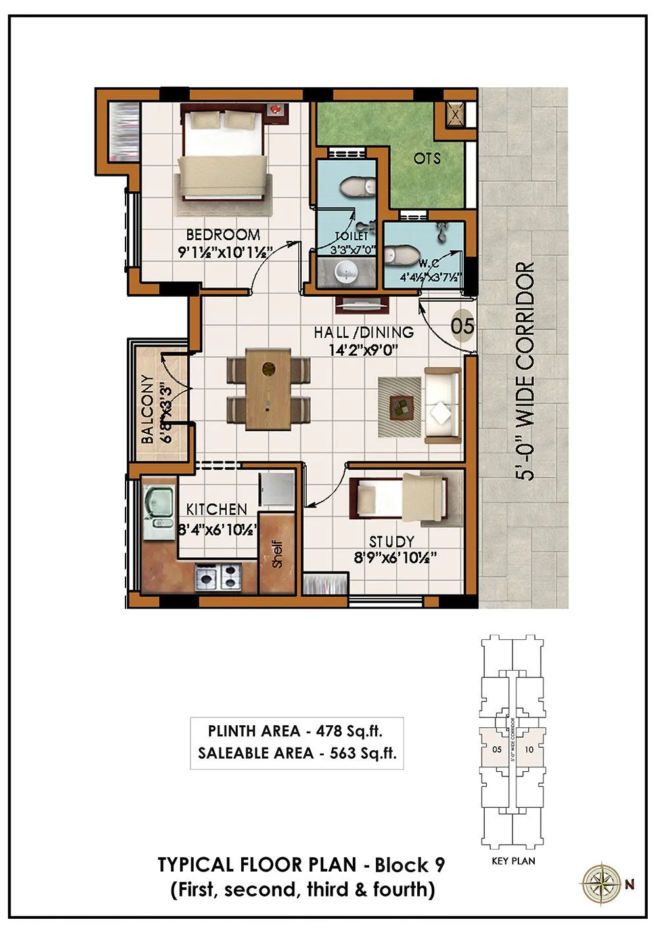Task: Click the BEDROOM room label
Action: [223, 234]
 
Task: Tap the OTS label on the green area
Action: [427, 158]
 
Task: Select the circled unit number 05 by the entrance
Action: [463, 326]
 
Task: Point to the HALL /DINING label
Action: [363, 333]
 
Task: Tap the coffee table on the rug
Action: [400, 407]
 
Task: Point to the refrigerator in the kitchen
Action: [275, 490]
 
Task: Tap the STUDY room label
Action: [392, 541]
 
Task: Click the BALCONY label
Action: [147, 410]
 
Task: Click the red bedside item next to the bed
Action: [277, 108]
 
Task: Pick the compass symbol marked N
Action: [600, 883]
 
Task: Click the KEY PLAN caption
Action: [513, 860]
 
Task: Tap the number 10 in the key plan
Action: [530, 749]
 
